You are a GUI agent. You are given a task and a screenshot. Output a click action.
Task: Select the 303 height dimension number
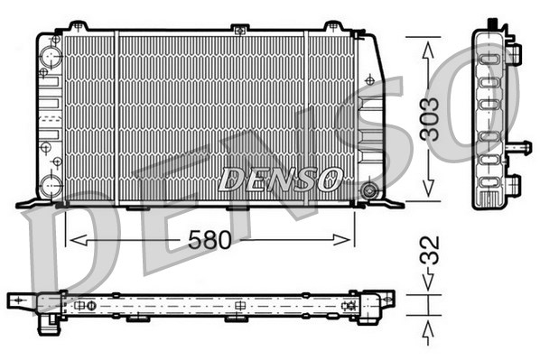point(433,117)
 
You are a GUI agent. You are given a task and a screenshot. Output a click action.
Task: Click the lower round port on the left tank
point(51,185)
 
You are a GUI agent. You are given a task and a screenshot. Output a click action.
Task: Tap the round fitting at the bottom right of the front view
point(368,191)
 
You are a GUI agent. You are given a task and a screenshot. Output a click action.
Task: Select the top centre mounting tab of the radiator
point(239,30)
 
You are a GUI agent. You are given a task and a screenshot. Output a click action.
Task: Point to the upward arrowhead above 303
point(427,43)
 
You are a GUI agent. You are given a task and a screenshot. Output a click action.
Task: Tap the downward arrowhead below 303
point(427,193)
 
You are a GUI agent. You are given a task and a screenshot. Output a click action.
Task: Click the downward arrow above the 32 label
point(427,287)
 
